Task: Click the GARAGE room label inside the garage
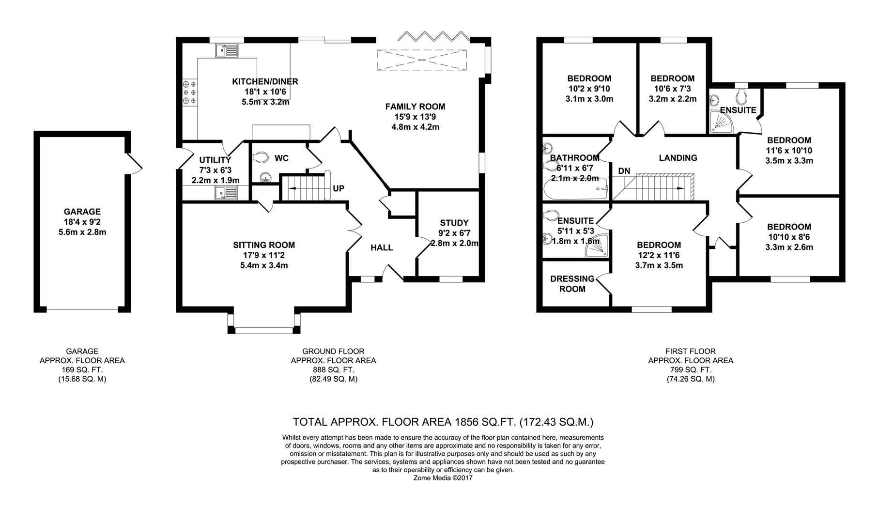82,212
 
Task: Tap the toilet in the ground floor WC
261,157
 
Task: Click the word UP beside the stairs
339,188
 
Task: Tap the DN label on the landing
624,171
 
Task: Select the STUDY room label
454,223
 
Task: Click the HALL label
382,248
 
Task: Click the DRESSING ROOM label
572,284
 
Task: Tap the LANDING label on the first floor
678,158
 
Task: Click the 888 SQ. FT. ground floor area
333,370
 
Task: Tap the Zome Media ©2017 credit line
443,478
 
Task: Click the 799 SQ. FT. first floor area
691,370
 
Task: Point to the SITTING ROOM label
264,245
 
